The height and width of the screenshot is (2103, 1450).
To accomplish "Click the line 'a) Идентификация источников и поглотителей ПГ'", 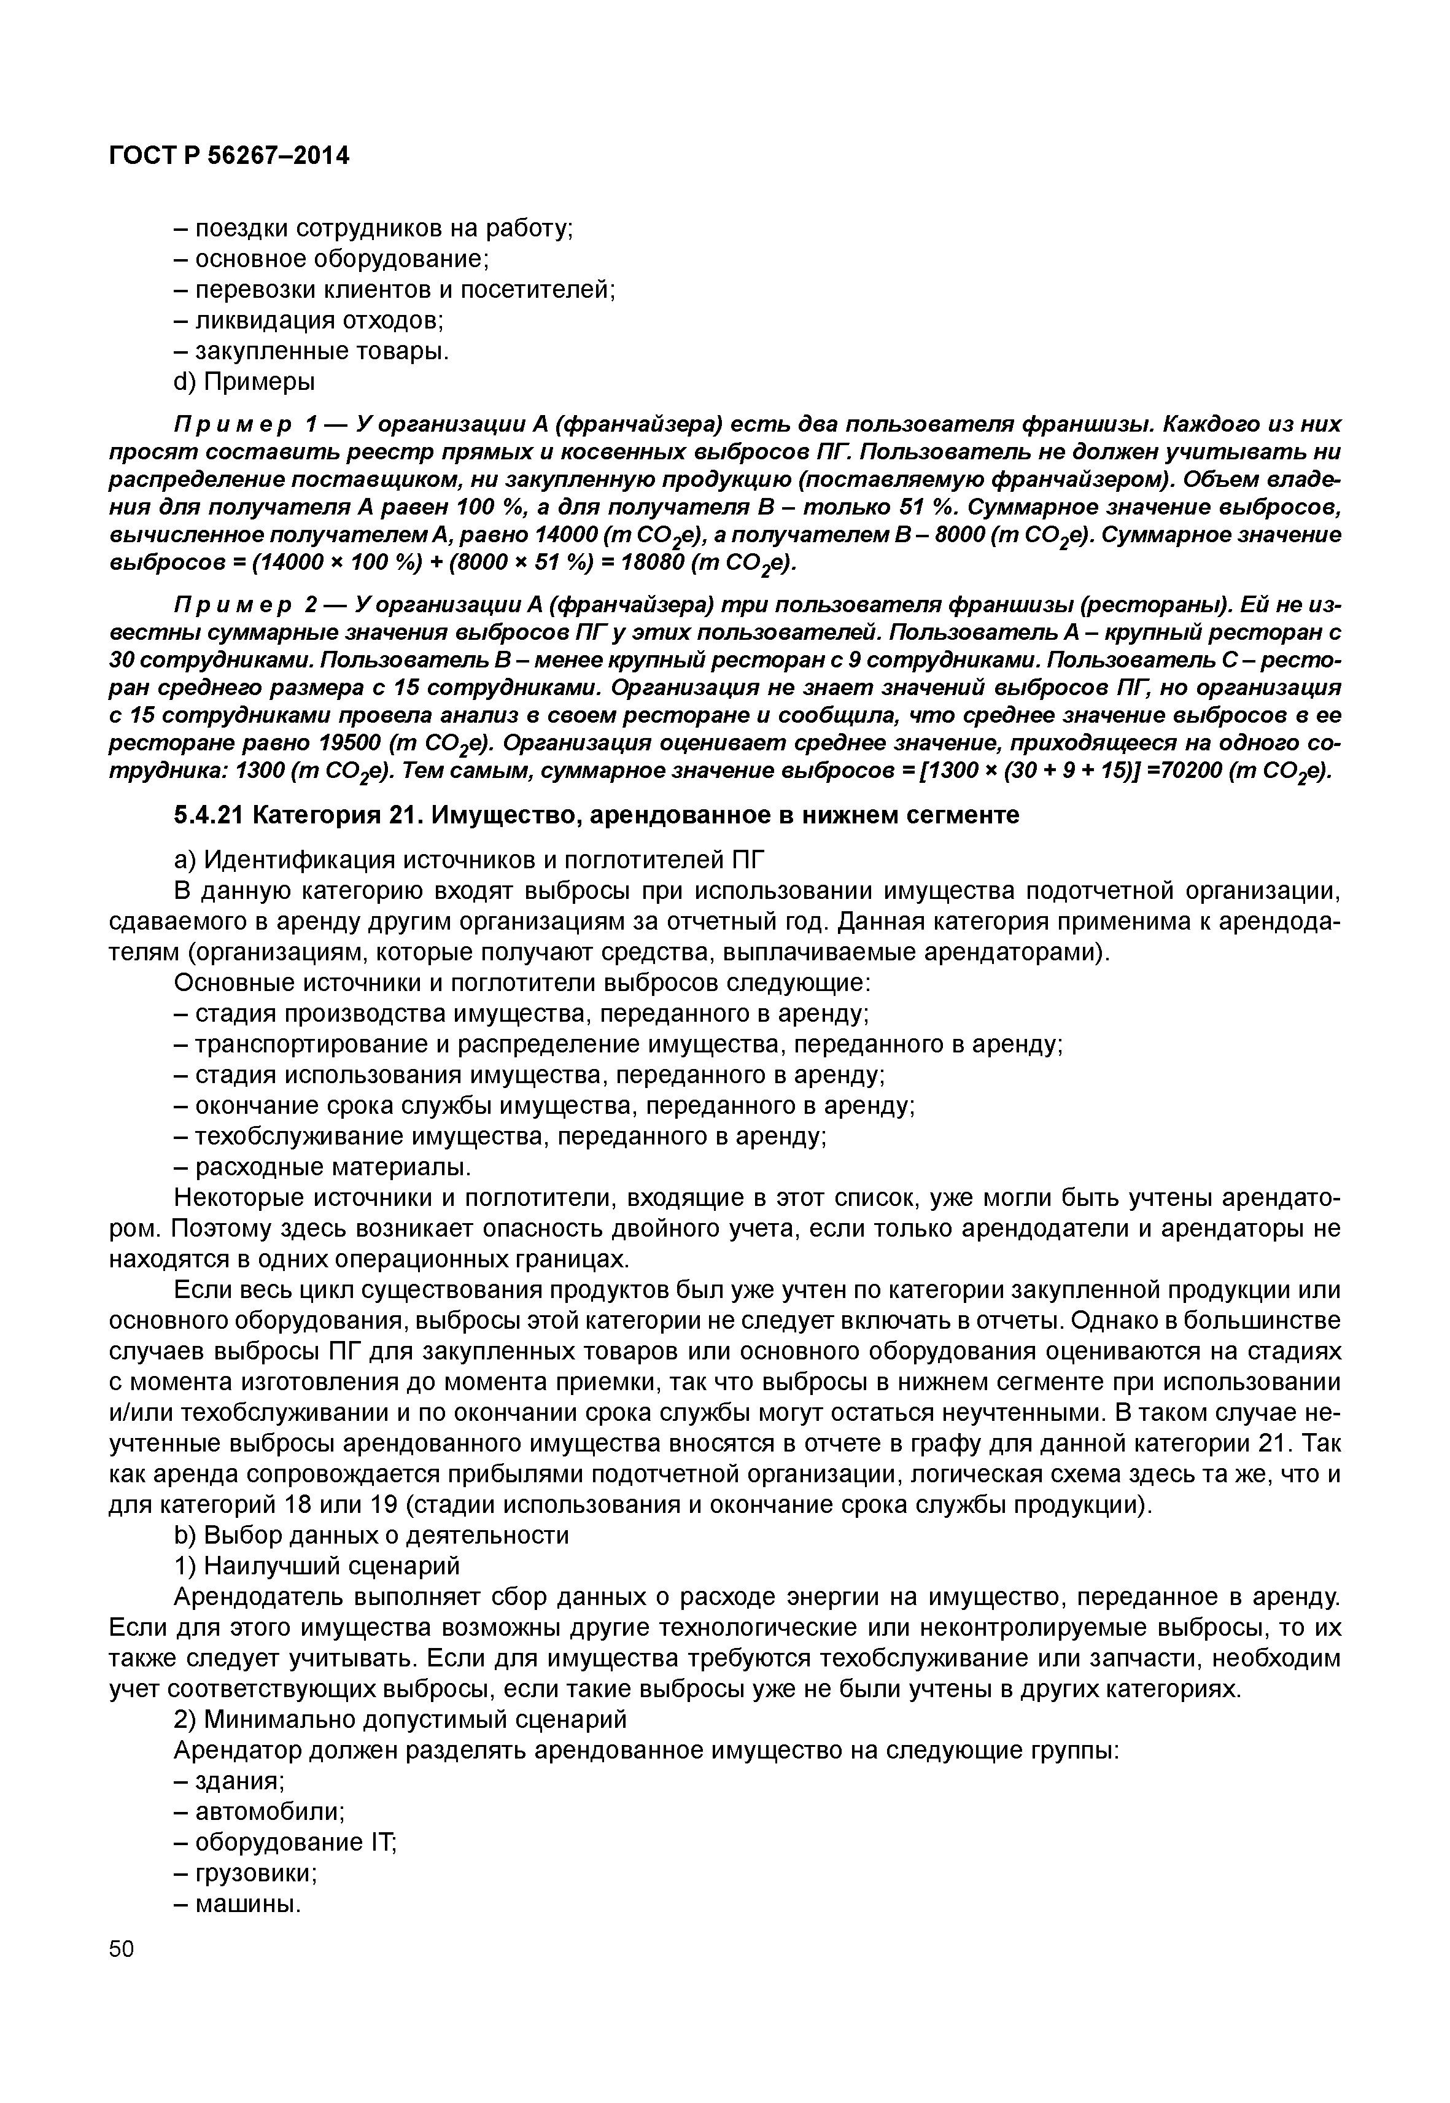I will click(x=470, y=859).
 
